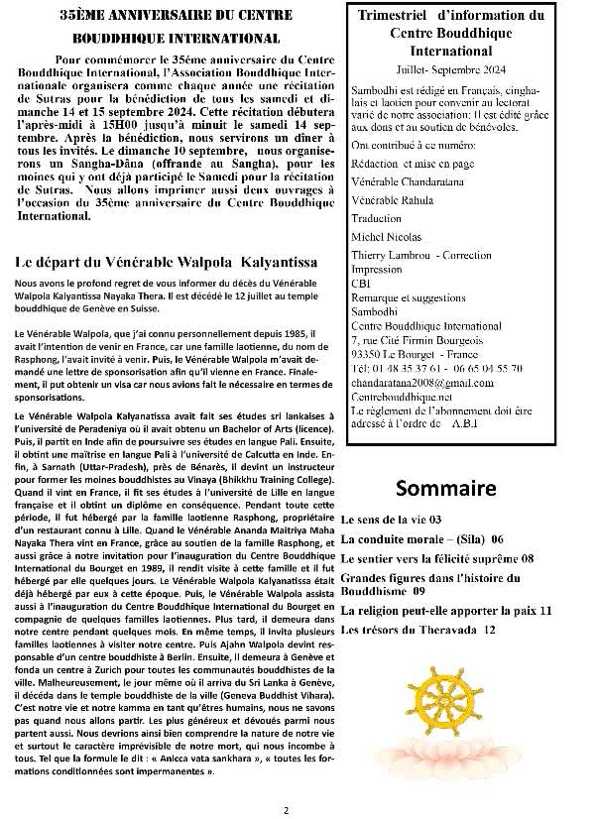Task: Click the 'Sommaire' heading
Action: coord(446,489)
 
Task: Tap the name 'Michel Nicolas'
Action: coord(387,237)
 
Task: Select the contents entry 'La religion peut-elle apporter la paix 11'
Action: coord(446,612)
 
